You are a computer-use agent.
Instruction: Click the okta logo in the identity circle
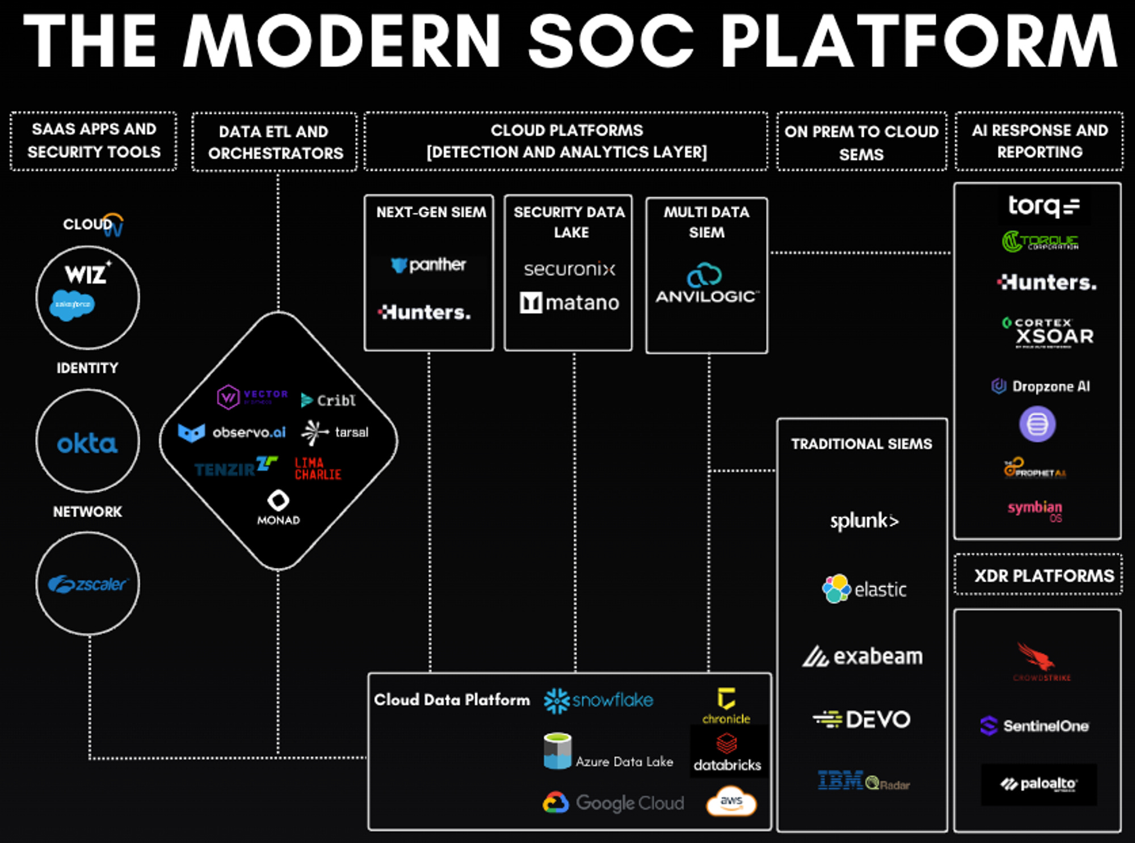pyautogui.click(x=87, y=443)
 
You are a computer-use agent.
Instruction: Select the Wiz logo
pyautogui.click(x=86, y=273)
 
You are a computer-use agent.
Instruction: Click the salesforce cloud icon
pyautogui.click(x=72, y=305)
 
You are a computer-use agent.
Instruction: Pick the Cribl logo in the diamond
pyautogui.click(x=329, y=401)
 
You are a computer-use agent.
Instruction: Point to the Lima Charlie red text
pyautogui.click(x=318, y=469)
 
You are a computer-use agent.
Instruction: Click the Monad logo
pyautogui.click(x=278, y=507)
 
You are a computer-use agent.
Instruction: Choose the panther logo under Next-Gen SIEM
pyautogui.click(x=428, y=265)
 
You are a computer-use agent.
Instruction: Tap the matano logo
pyautogui.click(x=569, y=303)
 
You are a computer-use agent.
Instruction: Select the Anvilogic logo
pyautogui.click(x=706, y=284)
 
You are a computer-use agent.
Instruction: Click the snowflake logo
pyautogui.click(x=598, y=700)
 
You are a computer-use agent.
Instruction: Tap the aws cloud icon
pyautogui.click(x=731, y=802)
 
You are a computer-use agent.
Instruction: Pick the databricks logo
pyautogui.click(x=727, y=753)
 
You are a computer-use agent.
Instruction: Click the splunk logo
pyautogui.click(x=864, y=521)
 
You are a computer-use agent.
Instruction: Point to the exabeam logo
pyautogui.click(x=862, y=656)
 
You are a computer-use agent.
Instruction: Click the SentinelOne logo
pyautogui.click(x=1035, y=726)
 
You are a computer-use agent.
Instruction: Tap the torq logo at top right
pyautogui.click(x=1043, y=206)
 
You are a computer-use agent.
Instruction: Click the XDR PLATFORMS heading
pyautogui.click(x=1043, y=576)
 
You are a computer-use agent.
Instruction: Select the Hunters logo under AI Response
pyautogui.click(x=1046, y=282)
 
